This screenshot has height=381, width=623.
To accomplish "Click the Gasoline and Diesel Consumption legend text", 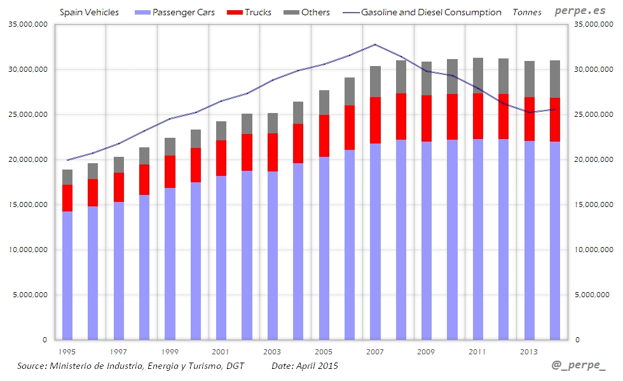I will coord(431,12).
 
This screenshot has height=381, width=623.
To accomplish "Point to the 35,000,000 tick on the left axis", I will coord(29,24).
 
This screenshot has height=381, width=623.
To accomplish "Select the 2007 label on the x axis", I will coord(374,351).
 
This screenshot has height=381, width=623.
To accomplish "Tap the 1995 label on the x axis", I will coord(67,351).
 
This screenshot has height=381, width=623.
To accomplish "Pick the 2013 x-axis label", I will coord(528,351).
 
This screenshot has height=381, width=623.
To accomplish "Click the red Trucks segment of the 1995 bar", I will coord(67,198).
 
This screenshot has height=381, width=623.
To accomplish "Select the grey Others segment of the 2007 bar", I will coord(375,81).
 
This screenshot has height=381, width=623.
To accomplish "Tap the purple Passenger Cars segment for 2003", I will coord(272,254).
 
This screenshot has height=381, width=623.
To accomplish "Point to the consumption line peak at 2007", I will coord(375,44).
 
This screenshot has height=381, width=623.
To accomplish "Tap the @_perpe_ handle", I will coord(578,366).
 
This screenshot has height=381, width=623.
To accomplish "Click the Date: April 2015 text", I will coord(305,366).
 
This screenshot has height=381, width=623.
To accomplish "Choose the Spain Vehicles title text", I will coord(89,12).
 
